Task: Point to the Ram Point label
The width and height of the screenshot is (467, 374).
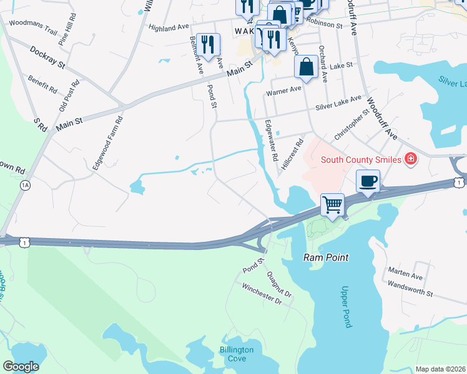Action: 325,257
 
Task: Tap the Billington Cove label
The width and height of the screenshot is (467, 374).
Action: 237,354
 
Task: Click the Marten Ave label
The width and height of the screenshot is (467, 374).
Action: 405,273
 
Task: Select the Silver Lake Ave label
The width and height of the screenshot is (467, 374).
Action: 338,103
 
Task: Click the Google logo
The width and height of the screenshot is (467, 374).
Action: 21,367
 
